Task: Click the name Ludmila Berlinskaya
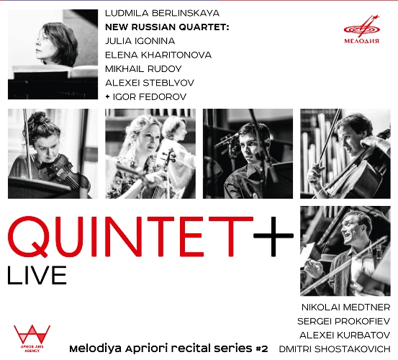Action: [162, 14]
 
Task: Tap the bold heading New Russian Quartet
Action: [167, 27]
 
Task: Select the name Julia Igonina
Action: [140, 41]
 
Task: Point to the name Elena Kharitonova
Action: [158, 55]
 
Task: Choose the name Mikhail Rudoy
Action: [143, 69]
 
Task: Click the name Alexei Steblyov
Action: [150, 83]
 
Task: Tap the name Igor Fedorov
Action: [150, 97]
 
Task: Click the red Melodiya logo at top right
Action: [361, 30]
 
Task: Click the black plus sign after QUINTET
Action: [273, 236]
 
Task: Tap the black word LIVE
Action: [37, 275]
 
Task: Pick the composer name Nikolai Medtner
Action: [345, 307]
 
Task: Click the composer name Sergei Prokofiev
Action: [343, 321]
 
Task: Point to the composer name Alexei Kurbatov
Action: [345, 336]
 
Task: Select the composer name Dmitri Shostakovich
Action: [335, 349]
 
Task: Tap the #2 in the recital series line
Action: [261, 349]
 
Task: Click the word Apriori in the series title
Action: [146, 349]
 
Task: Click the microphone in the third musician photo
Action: [226, 140]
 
